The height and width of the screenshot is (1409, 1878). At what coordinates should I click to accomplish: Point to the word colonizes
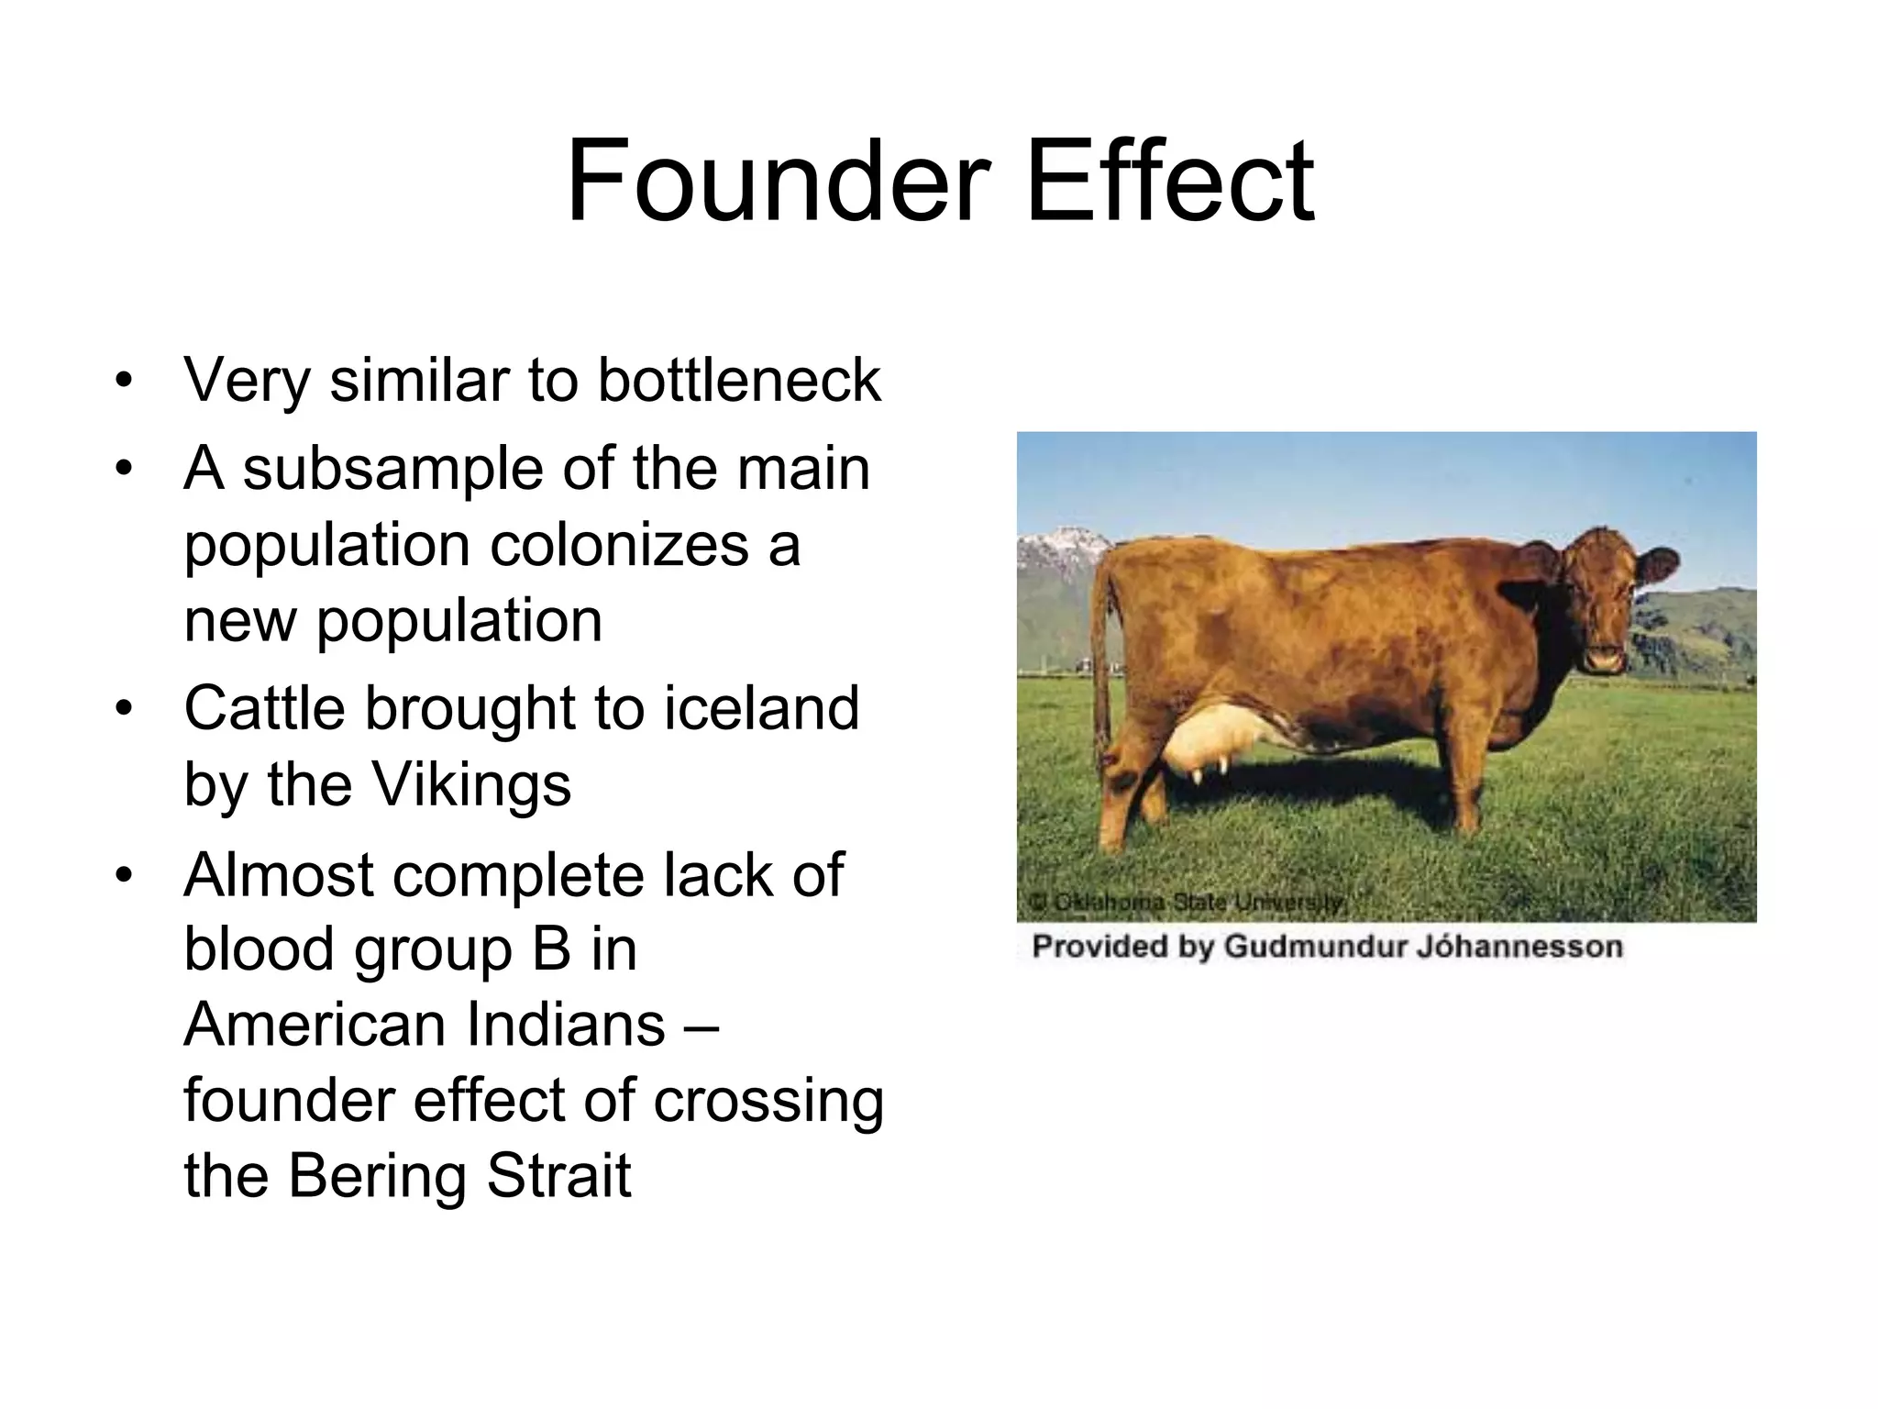point(619,545)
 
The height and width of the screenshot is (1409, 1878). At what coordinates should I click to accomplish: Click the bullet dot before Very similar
point(124,380)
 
